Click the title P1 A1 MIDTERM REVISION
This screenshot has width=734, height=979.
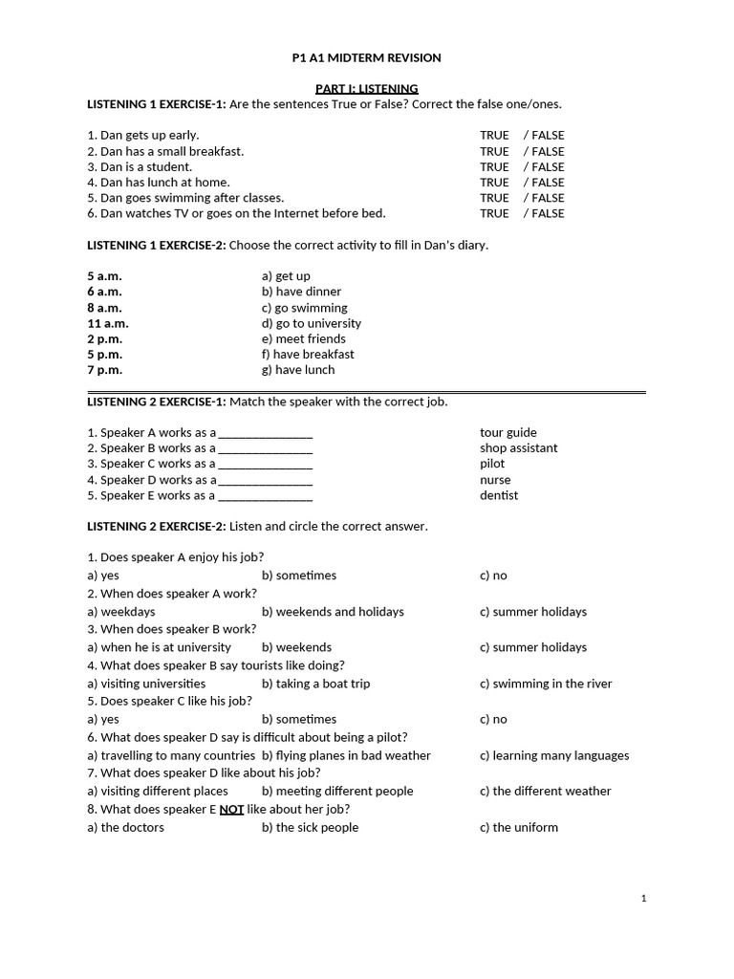[x=366, y=58]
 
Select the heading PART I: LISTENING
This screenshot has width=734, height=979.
[x=366, y=89]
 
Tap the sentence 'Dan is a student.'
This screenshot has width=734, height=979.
[x=140, y=166]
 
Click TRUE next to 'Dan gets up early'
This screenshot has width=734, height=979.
[x=494, y=136]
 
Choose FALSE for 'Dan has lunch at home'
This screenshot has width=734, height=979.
[x=548, y=182]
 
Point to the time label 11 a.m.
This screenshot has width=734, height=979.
[x=108, y=323]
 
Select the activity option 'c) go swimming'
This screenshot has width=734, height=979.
[x=304, y=308]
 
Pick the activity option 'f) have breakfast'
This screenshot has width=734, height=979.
[x=308, y=354]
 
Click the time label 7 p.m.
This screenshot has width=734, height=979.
[x=104, y=369]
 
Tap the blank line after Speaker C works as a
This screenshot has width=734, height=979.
[x=266, y=464]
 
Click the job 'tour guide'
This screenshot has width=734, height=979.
[x=508, y=432]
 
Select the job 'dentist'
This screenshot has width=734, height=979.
[x=499, y=495]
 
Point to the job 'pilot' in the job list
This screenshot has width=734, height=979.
[x=492, y=464]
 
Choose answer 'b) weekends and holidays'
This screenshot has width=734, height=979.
[x=333, y=612]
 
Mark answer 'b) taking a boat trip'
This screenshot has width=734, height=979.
[x=315, y=684]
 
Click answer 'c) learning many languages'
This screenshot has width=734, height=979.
[x=554, y=755]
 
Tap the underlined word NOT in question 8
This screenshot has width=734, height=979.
[x=231, y=809]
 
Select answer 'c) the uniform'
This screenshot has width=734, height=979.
[x=519, y=827]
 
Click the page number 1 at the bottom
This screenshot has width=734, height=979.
[x=644, y=898]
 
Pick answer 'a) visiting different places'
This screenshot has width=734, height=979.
[x=158, y=791]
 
